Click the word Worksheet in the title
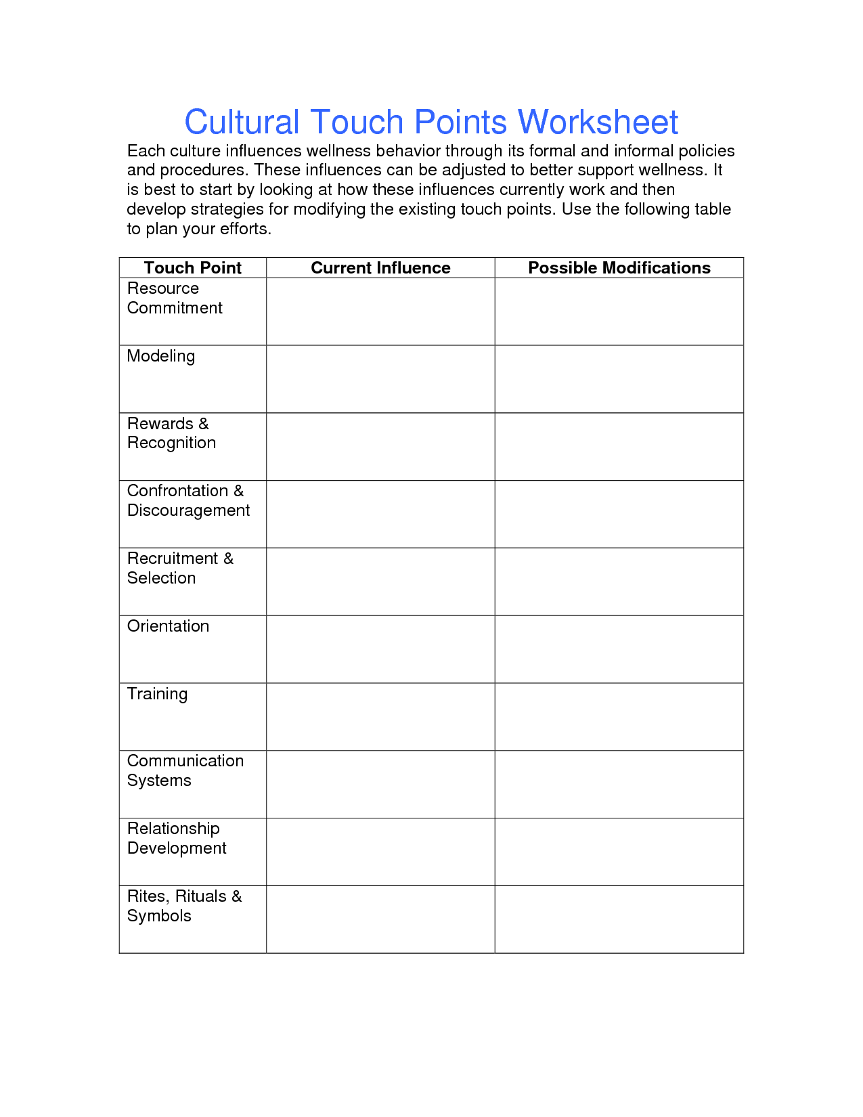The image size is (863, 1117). pyautogui.click(x=598, y=123)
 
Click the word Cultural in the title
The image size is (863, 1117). pyautogui.click(x=242, y=123)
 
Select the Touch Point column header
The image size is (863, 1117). pyautogui.click(x=192, y=268)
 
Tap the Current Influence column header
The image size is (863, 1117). pyautogui.click(x=380, y=268)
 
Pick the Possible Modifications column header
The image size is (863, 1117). pyautogui.click(x=619, y=268)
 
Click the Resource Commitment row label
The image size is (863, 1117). pyautogui.click(x=175, y=299)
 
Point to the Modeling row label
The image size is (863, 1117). pyautogui.click(x=161, y=356)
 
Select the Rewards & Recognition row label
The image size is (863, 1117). pyautogui.click(x=171, y=433)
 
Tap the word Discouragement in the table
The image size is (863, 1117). pyautogui.click(x=188, y=510)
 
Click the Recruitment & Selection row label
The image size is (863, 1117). pyautogui.click(x=180, y=568)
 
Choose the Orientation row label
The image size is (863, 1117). pyautogui.click(x=168, y=626)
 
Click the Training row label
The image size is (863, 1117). pyautogui.click(x=157, y=694)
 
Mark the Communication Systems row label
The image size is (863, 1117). pyautogui.click(x=185, y=770)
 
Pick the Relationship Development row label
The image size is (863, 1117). pyautogui.click(x=176, y=838)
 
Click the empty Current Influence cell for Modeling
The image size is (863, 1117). pyautogui.click(x=380, y=379)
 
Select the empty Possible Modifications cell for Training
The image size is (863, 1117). pyautogui.click(x=619, y=717)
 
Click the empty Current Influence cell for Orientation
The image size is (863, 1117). pyautogui.click(x=380, y=649)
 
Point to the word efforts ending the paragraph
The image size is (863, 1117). pyautogui.click(x=244, y=229)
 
